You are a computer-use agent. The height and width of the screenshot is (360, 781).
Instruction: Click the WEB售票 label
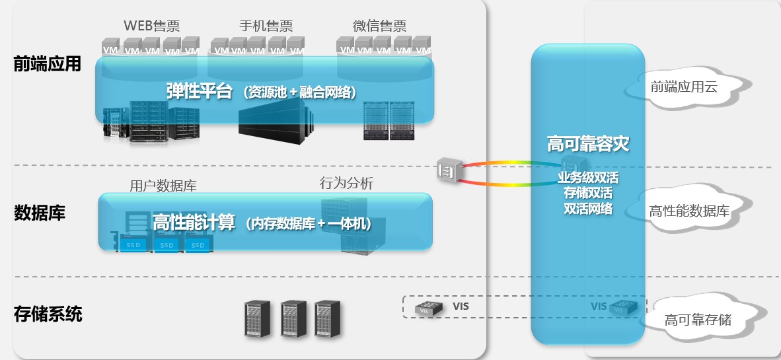tap(152, 25)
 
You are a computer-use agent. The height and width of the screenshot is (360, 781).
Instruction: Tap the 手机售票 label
tap(266, 25)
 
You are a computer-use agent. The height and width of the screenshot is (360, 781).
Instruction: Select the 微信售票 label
tap(379, 25)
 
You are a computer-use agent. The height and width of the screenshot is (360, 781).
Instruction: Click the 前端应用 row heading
tap(48, 64)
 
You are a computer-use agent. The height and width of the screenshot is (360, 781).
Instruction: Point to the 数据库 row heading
tap(40, 213)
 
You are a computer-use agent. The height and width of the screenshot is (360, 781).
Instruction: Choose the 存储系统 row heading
tap(48, 314)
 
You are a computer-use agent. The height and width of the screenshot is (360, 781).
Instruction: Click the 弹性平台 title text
tap(200, 91)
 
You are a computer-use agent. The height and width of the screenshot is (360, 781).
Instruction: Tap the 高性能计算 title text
tap(194, 222)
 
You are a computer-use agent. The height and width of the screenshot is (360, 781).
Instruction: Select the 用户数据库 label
tap(163, 186)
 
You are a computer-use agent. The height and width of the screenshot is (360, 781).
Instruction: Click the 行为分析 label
tap(346, 183)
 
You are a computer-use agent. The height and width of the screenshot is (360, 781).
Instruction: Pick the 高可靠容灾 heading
tap(588, 143)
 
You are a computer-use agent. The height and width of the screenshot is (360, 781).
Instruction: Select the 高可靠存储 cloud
tap(700, 318)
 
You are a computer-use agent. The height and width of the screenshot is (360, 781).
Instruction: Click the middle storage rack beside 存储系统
tap(293, 318)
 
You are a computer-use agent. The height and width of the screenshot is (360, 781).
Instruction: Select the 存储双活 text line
tap(588, 193)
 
